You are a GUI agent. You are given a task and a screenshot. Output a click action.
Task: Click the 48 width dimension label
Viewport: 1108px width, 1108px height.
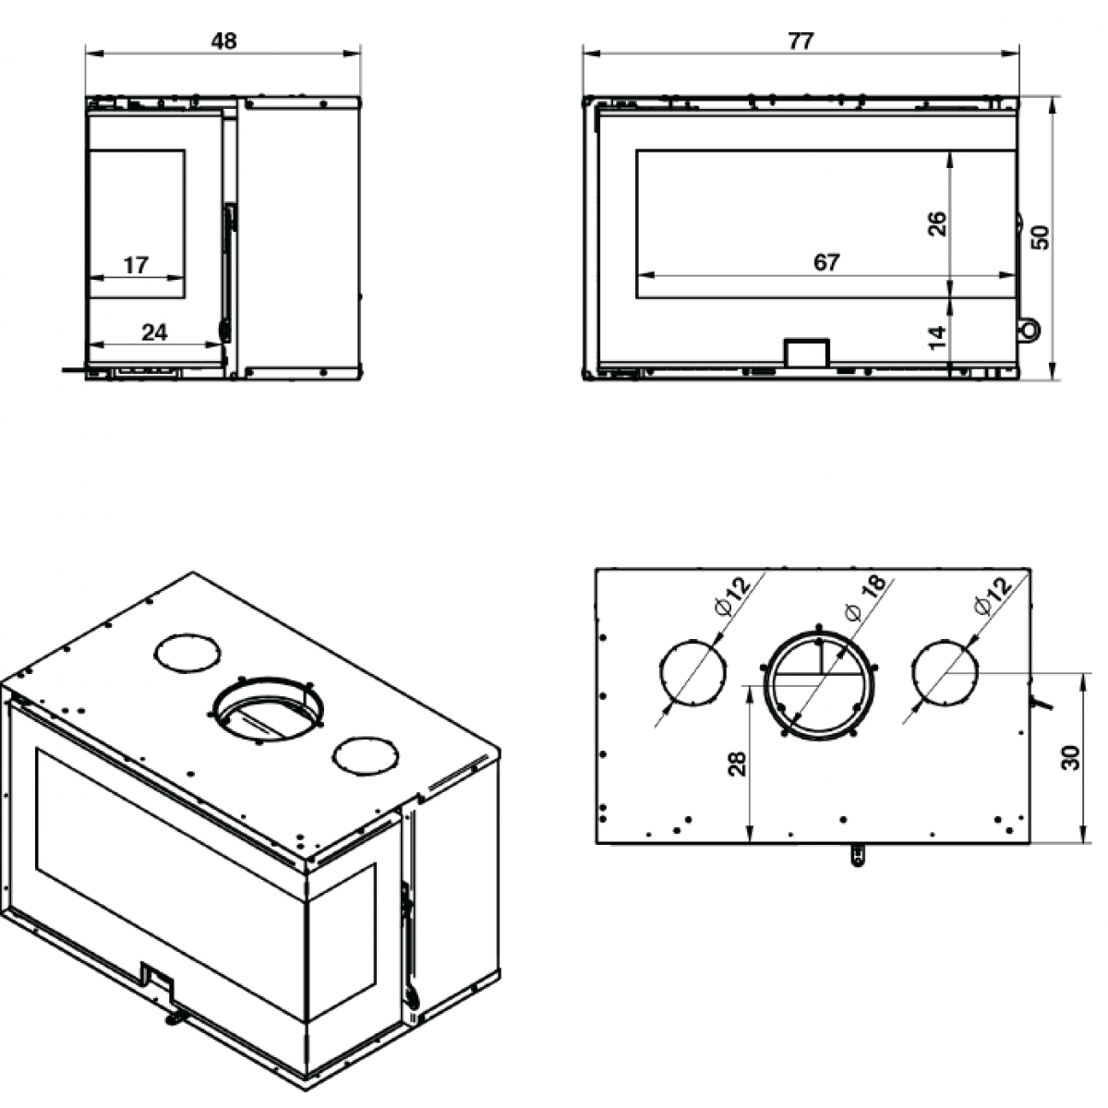[x=223, y=42]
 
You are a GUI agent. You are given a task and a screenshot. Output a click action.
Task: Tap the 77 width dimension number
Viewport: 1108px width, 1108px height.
[x=801, y=42]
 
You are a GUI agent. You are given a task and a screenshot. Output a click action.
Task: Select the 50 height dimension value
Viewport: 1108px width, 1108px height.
[x=1042, y=237]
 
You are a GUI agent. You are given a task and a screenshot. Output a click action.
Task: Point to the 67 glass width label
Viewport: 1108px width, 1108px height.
[x=826, y=262]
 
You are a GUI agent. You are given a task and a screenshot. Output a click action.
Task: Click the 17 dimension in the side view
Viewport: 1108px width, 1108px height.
[x=136, y=266]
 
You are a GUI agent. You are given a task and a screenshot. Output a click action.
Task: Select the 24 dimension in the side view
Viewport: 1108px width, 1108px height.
[x=154, y=332]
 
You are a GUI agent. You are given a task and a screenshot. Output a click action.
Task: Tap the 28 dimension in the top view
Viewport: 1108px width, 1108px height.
[x=737, y=763]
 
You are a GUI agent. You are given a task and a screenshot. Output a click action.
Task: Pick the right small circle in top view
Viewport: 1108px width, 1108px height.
[x=945, y=673]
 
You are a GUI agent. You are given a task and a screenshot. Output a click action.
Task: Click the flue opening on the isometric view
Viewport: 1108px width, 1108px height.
[x=268, y=711]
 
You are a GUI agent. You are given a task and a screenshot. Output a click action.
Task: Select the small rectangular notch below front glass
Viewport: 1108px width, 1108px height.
[x=806, y=353]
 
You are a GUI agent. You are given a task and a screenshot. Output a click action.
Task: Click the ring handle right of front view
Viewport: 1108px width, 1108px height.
[x=1028, y=329]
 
